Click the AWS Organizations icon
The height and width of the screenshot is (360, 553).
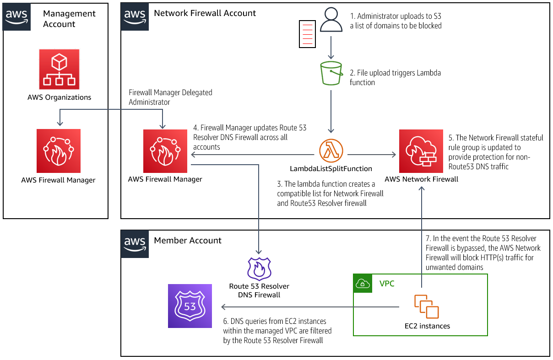[59, 70]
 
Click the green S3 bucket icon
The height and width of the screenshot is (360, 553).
[331, 73]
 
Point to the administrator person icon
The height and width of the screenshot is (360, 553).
[331, 20]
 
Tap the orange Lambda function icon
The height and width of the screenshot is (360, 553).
[331, 151]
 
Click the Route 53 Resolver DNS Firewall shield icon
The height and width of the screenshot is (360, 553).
[259, 269]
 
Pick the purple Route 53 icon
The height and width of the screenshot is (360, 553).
[190, 306]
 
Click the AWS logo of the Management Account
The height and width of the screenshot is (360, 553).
[17, 17]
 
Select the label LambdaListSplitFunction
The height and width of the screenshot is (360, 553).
[331, 169]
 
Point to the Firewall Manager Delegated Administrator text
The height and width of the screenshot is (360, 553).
[170, 97]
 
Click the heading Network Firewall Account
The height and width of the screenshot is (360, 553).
[205, 13]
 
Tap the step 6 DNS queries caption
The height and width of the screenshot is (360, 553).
[277, 331]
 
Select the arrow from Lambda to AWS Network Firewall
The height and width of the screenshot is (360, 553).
[371, 155]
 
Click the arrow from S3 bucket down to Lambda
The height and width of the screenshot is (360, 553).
[331, 110]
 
